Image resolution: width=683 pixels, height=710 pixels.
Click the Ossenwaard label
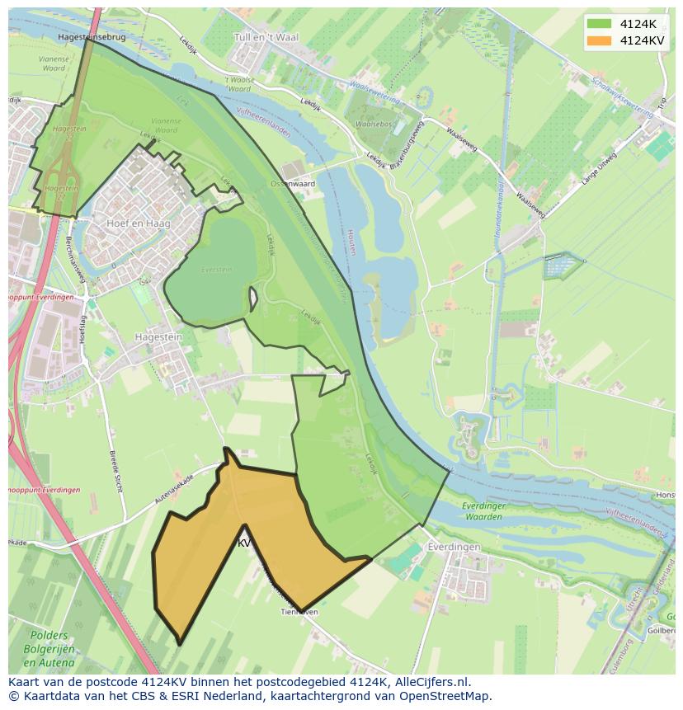coord(294,184)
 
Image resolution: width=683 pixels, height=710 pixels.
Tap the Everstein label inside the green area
coord(217,269)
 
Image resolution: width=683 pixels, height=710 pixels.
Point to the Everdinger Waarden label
coord(482,511)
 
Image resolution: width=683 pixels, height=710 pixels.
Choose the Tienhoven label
coord(299,612)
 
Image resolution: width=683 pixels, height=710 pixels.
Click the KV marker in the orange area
coord(244,543)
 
